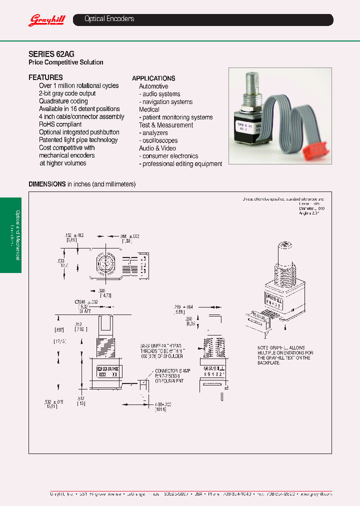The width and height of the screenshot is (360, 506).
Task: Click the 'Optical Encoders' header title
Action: tap(109, 19)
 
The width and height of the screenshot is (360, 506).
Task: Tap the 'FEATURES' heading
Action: tap(45, 77)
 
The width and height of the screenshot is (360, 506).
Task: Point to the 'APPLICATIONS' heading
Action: tap(153, 78)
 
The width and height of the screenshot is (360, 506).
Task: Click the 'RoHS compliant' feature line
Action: tap(60, 124)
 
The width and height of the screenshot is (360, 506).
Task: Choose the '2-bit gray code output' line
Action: tap(67, 93)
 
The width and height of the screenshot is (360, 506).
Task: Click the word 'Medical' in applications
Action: tap(149, 109)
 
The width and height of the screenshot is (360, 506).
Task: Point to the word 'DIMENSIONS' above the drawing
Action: tap(47, 184)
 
